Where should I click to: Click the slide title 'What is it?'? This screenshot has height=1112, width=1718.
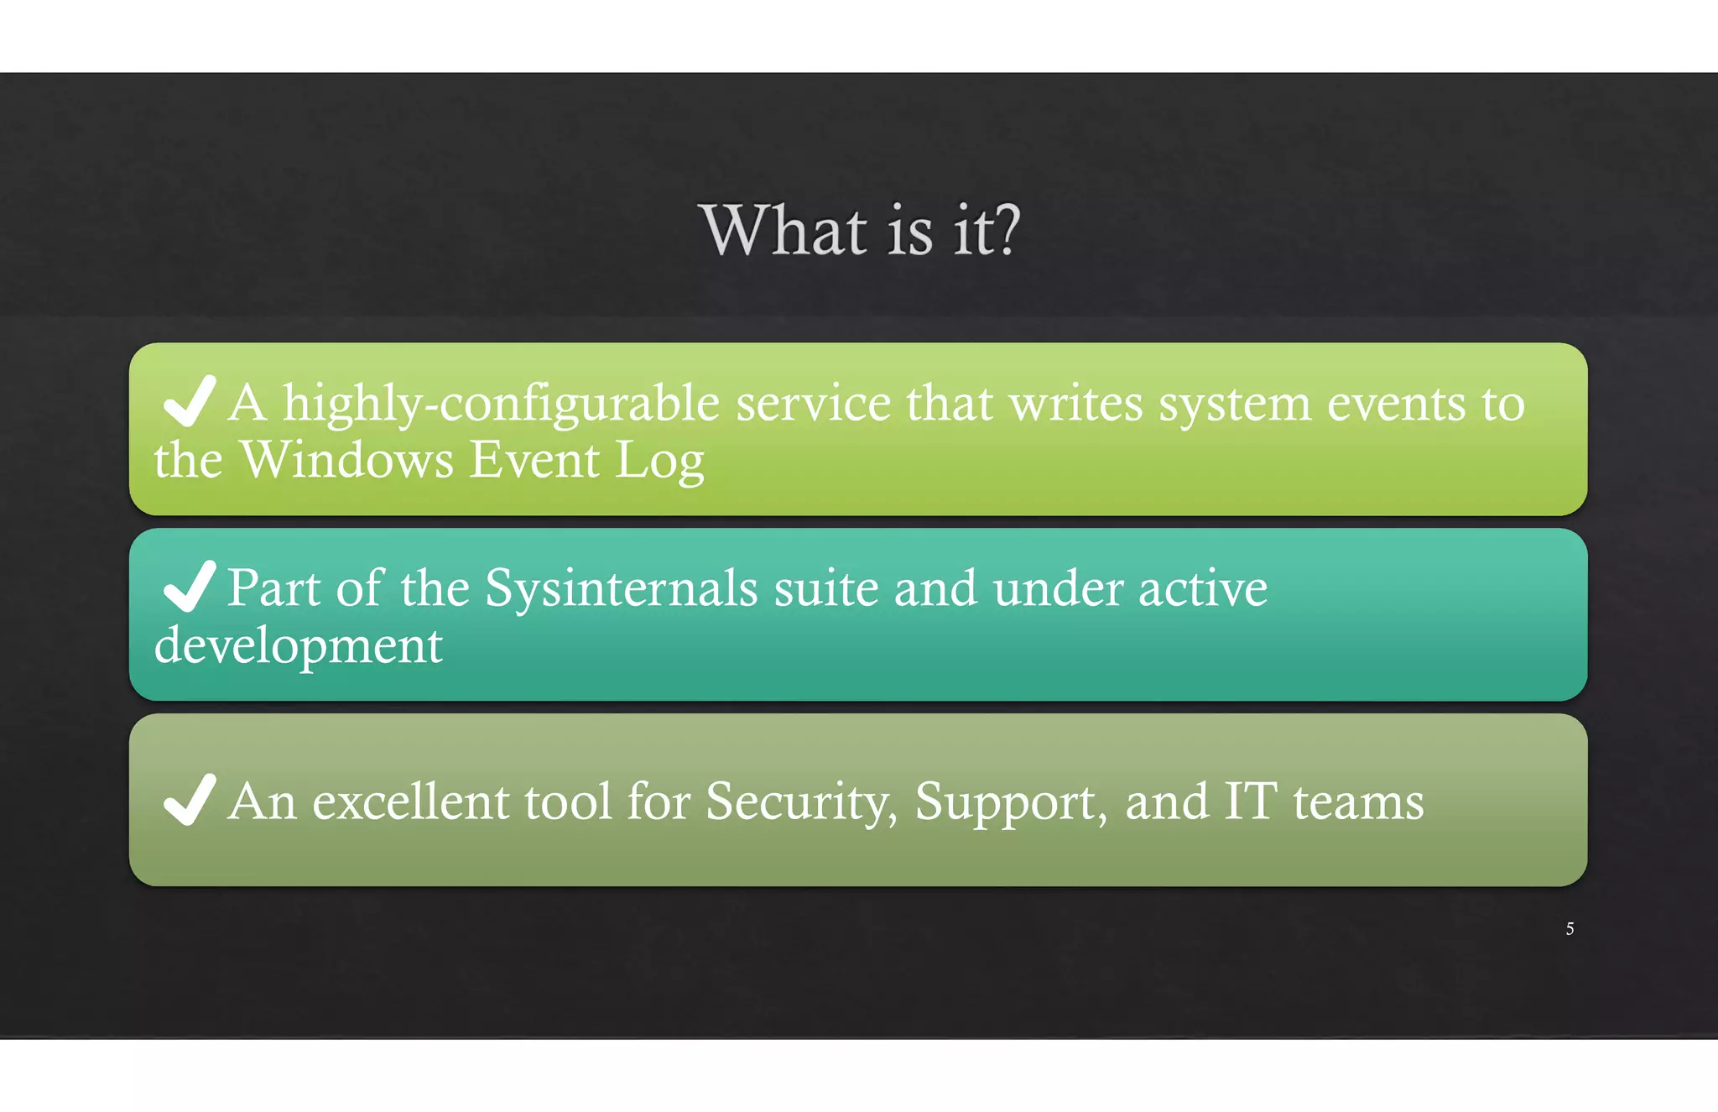click(860, 230)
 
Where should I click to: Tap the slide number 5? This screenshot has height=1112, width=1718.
click(1570, 929)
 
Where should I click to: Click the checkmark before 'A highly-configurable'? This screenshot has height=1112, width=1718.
click(190, 401)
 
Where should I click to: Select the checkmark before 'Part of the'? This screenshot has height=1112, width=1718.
click(190, 586)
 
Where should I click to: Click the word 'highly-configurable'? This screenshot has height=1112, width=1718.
click(501, 405)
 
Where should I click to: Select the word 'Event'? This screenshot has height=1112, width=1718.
click(534, 460)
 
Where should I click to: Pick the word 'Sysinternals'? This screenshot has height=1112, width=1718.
click(622, 588)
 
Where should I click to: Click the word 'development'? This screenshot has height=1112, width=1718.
click(299, 646)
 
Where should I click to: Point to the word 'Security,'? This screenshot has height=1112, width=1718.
click(801, 802)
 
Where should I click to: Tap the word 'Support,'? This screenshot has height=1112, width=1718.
click(1010, 802)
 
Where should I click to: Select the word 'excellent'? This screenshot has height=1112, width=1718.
click(410, 801)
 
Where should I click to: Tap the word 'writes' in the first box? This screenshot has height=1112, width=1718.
click(1076, 405)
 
